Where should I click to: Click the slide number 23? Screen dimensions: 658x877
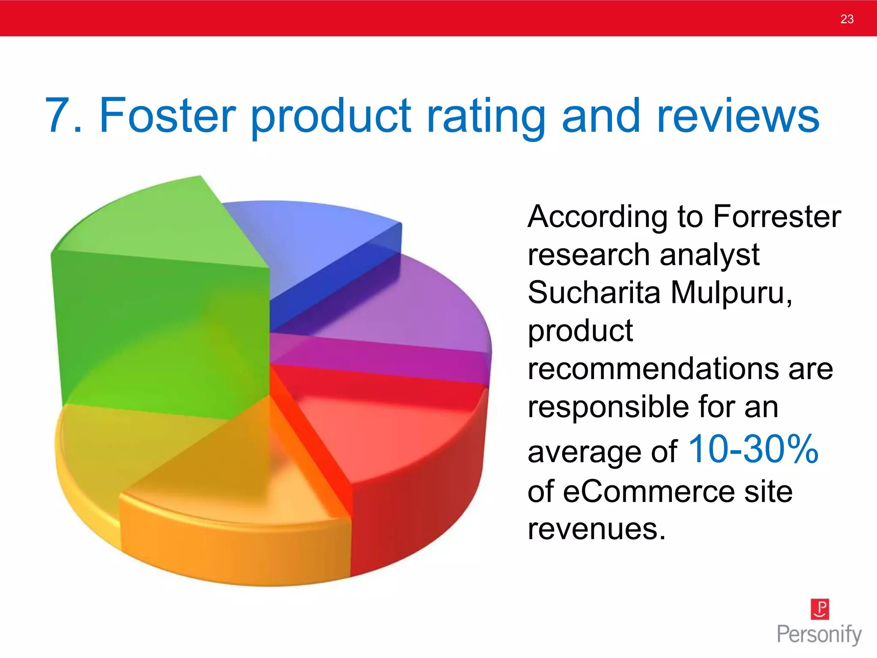pyautogui.click(x=847, y=19)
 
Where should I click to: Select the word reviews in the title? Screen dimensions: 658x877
pyautogui.click(x=737, y=116)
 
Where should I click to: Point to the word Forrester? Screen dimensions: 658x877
pyautogui.click(x=777, y=216)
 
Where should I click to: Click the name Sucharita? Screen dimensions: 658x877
pyautogui.click(x=594, y=293)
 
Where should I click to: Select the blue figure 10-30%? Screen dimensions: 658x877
pyautogui.click(x=753, y=449)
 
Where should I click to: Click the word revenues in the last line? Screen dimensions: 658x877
pyautogui.click(x=596, y=529)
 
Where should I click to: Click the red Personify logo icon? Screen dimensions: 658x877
pyautogui.click(x=820, y=609)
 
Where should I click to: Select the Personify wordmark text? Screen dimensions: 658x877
pyautogui.click(x=819, y=634)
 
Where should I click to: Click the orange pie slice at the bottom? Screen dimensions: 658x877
pyautogui.click(x=236, y=535)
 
